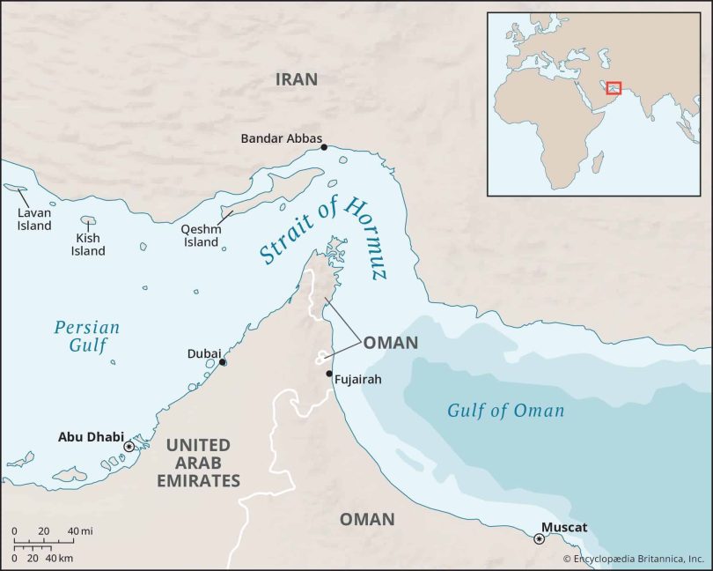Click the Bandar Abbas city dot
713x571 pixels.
[324, 147]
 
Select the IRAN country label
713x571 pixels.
[296, 79]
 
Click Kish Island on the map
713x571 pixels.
[88, 220]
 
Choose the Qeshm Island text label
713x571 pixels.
[200, 235]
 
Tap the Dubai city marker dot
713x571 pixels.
[223, 362]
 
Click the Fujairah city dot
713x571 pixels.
[329, 374]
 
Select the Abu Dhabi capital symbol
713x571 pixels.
[129, 447]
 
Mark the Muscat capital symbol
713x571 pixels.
[539, 538]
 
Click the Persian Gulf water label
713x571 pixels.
[86, 337]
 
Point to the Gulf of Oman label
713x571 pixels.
[505, 411]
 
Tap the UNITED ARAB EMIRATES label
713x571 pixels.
[198, 463]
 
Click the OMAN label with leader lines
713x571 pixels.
[390, 343]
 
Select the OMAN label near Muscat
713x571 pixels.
[367, 519]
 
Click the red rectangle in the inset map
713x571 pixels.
[614, 87]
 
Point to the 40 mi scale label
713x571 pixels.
[79, 530]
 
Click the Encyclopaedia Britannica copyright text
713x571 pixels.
[635, 559]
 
